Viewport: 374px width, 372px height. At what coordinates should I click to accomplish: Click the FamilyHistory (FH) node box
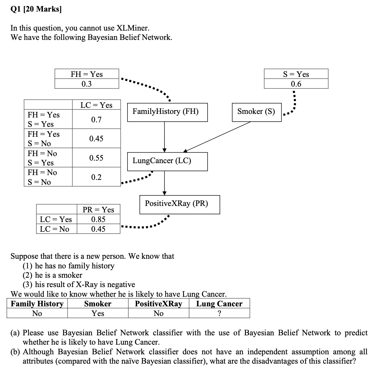pos(167,112)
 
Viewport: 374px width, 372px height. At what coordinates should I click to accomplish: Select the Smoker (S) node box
pos(257,112)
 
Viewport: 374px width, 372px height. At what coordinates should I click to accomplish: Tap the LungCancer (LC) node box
pos(167,161)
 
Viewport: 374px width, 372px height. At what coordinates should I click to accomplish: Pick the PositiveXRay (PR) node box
pos(180,204)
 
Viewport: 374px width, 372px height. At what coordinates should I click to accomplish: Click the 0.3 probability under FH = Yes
pos(87,84)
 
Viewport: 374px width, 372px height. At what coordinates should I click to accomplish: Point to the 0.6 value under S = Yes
pos(296,84)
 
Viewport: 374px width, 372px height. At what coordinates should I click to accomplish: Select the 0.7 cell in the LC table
pos(96,120)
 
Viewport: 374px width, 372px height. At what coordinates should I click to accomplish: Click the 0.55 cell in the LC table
pos(96,158)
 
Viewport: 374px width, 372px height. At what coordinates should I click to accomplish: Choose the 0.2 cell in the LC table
pos(96,177)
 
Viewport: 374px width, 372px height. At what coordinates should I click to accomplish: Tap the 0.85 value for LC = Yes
pos(98,219)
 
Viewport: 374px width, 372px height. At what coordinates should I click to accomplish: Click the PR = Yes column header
pos(98,210)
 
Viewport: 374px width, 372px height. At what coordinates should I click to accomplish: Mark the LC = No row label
pos(54,229)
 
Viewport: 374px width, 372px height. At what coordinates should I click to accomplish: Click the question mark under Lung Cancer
pos(219,313)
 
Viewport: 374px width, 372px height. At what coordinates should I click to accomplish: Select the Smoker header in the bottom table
pos(98,304)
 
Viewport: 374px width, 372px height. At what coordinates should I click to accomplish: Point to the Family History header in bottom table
pos(37,304)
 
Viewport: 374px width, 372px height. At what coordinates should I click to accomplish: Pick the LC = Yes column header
pos(96,105)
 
